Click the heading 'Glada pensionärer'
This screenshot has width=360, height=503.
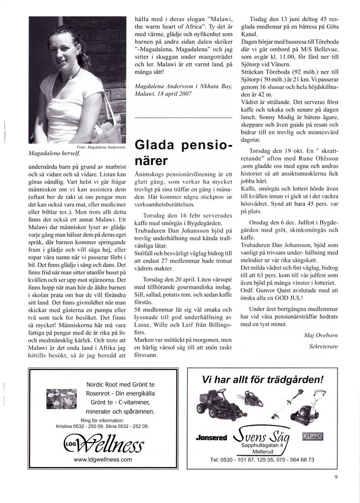183,153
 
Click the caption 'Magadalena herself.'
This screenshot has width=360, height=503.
51,153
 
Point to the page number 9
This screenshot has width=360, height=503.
335,476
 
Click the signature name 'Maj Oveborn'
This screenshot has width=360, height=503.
321,335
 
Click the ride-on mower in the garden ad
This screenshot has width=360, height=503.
215,401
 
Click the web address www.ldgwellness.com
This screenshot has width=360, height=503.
103,459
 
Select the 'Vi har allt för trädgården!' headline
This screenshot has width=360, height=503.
263,380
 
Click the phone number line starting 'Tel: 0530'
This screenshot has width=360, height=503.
262,460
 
